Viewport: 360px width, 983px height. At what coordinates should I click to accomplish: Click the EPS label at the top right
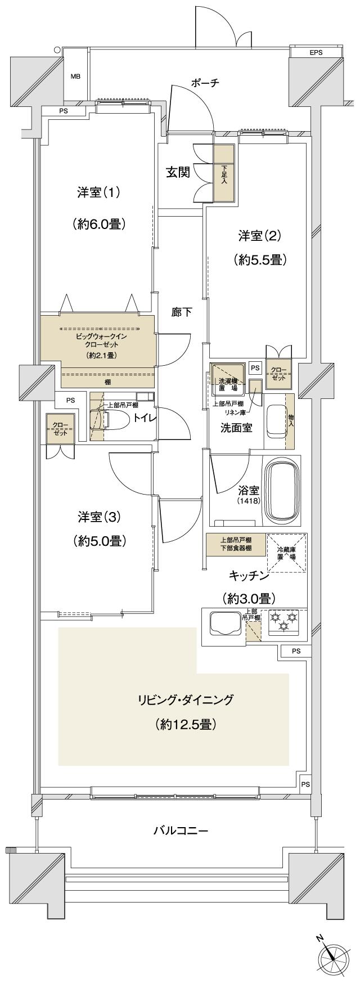pyautogui.click(x=316, y=52)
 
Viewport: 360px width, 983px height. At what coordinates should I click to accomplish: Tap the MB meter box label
pyautogui.click(x=75, y=77)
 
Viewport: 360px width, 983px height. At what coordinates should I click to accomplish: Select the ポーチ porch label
pyautogui.click(x=205, y=83)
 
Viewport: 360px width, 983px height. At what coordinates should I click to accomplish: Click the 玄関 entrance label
pyautogui.click(x=177, y=172)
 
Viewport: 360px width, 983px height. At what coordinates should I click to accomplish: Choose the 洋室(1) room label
pyautogui.click(x=99, y=192)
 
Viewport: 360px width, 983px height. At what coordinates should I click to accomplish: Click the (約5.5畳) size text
pyautogui.click(x=260, y=259)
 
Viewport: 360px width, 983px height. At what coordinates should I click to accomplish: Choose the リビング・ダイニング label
pyautogui.click(x=186, y=700)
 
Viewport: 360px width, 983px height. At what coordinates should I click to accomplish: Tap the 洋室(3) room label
pyautogui.click(x=99, y=516)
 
